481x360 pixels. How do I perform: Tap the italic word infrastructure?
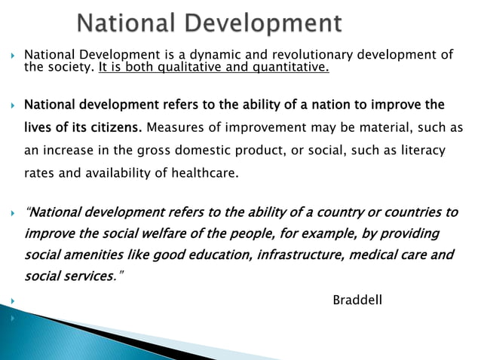[300, 255]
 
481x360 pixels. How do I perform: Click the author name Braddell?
[357, 301]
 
